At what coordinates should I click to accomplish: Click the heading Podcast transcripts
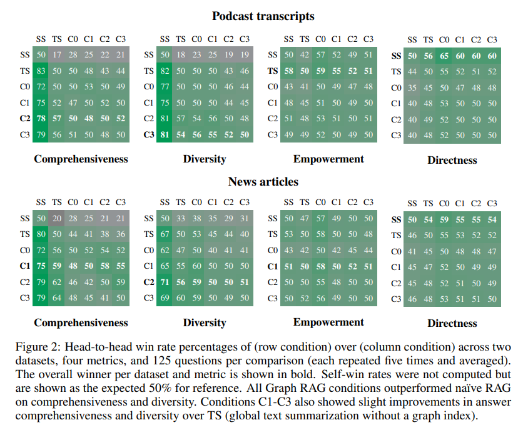tap(262, 16)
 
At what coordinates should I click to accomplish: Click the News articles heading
tap(263, 182)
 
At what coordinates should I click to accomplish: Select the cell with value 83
tap(41, 71)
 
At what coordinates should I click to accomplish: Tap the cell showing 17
tap(57, 55)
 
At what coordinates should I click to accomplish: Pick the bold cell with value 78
tap(41, 119)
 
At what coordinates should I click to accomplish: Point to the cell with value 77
tap(165, 87)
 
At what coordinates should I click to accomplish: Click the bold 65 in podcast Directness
tap(444, 56)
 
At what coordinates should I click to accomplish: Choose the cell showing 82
tap(165, 71)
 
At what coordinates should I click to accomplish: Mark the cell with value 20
tap(57, 218)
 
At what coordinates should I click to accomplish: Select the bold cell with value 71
tap(165, 282)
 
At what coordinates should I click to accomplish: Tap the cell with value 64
tap(57, 297)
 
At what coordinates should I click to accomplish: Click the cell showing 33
tap(181, 218)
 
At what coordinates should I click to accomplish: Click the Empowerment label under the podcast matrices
tap(328, 159)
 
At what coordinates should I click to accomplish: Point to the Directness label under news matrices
tap(452, 324)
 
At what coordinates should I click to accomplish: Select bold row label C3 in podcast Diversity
tap(149, 134)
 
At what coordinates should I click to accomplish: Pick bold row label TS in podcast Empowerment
tap(273, 71)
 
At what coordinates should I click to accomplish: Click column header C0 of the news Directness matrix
tap(444, 204)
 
